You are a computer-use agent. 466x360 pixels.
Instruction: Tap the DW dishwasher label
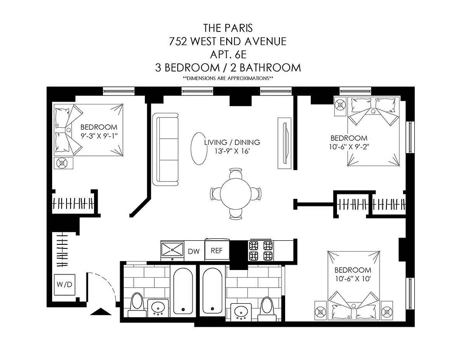(x=193, y=252)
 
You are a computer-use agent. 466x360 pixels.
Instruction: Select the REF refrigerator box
(x=217, y=251)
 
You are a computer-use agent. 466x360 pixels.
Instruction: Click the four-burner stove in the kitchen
(x=261, y=251)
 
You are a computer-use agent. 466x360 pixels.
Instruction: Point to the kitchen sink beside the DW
(x=173, y=250)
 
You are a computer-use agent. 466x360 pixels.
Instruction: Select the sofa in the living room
(x=166, y=149)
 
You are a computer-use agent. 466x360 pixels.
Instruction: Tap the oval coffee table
(x=198, y=149)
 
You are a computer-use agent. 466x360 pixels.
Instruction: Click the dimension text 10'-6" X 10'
(x=353, y=279)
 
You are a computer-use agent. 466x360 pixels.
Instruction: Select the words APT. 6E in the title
(x=227, y=54)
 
